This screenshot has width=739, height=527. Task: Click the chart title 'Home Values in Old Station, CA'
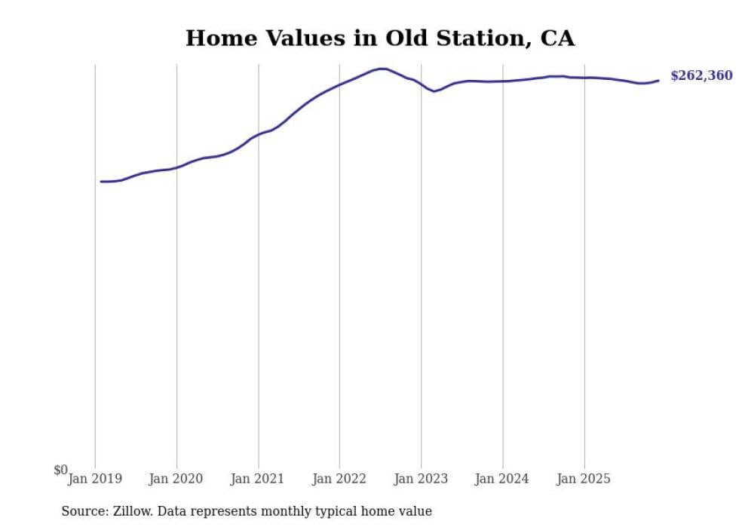[x=380, y=38]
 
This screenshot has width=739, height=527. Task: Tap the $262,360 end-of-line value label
[x=701, y=76]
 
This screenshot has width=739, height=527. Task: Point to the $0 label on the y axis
[x=60, y=470]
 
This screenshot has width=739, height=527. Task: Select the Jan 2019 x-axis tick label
[x=95, y=479]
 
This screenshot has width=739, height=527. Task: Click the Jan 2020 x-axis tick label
[x=176, y=479]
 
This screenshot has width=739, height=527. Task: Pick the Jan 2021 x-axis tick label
[x=258, y=479]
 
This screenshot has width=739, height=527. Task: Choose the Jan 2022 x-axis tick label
[x=339, y=479]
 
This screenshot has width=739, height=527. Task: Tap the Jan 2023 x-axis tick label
[x=421, y=479]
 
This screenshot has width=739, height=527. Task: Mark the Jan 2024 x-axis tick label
[x=503, y=479]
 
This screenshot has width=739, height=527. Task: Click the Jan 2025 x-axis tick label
[x=584, y=479]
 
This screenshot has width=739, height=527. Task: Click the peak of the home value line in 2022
[x=382, y=69]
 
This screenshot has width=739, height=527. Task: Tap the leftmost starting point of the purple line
[x=101, y=182]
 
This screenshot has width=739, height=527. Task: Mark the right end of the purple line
[x=658, y=80]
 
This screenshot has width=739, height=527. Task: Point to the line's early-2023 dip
[x=434, y=91]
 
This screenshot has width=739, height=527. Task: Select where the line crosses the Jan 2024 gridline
[x=503, y=81]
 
